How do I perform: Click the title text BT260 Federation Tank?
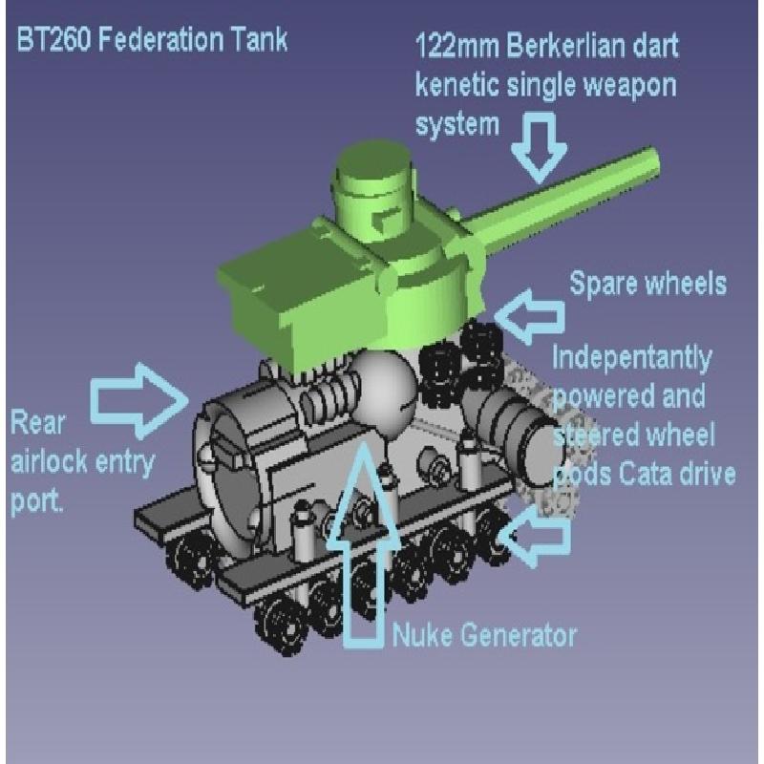coord(152,40)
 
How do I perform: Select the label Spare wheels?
coord(647,283)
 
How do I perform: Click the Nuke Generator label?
coord(484,635)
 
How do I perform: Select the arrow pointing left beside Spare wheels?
coord(530,316)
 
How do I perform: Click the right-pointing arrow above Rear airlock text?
coord(139,399)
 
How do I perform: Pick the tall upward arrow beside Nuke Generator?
coord(364,544)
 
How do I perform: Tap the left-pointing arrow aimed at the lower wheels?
coord(535,537)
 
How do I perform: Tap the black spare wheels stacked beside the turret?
coord(460,362)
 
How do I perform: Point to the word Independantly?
coord(632,359)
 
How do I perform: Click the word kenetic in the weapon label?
coord(457,85)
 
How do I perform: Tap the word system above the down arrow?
coord(457,125)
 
